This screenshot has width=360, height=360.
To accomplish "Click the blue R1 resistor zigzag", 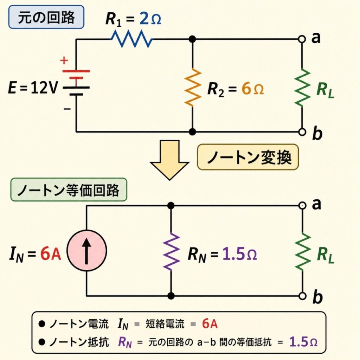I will click(x=132, y=39).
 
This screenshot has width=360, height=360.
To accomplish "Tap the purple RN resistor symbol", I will click(x=171, y=251).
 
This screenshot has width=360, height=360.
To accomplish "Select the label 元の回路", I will click(x=46, y=17).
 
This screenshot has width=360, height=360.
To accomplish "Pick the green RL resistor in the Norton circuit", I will click(x=302, y=251).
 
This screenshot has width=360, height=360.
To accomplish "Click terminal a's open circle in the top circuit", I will click(x=302, y=39).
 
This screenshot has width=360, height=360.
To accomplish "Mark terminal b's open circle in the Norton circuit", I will click(x=302, y=296).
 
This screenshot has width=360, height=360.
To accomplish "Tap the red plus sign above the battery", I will click(x=64, y=60).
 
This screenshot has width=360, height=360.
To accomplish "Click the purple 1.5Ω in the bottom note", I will click(x=303, y=341).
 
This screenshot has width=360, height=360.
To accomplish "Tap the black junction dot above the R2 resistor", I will click(x=192, y=39).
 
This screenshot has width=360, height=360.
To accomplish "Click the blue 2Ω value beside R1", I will click(x=150, y=20).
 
